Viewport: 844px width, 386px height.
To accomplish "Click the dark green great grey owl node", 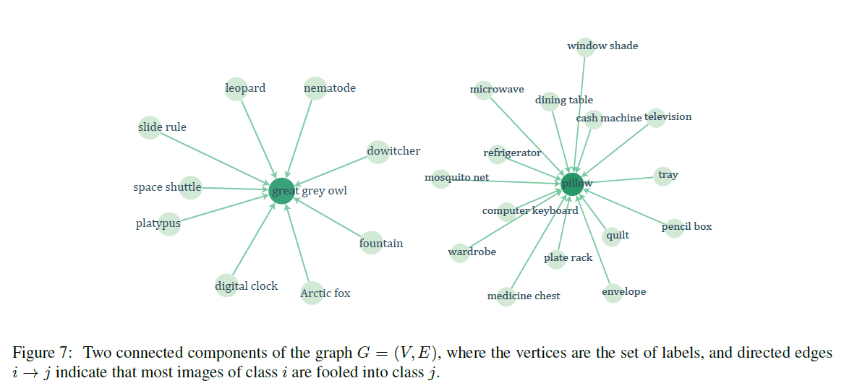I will (x=282, y=191).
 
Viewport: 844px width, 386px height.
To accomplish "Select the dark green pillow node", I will (x=573, y=183).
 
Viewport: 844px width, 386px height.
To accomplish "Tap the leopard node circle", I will (x=236, y=89).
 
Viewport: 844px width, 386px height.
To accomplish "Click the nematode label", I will (x=330, y=88).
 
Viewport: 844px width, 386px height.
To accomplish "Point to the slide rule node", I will (x=149, y=128).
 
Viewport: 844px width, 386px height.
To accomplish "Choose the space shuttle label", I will (x=167, y=187).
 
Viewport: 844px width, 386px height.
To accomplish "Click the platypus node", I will (x=169, y=223).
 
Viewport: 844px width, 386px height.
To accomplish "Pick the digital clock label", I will (x=246, y=286).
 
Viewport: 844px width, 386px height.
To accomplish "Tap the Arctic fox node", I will (x=312, y=293).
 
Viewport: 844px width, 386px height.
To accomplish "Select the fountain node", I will (x=371, y=243).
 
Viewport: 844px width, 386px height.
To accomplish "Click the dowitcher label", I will (x=393, y=151).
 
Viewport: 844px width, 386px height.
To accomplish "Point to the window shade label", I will (x=602, y=46).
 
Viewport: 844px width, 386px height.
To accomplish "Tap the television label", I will (x=668, y=116).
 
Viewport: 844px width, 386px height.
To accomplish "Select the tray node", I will (x=664, y=176).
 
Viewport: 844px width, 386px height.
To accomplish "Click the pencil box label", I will (x=686, y=226).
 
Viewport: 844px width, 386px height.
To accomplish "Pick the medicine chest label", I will (x=524, y=296).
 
